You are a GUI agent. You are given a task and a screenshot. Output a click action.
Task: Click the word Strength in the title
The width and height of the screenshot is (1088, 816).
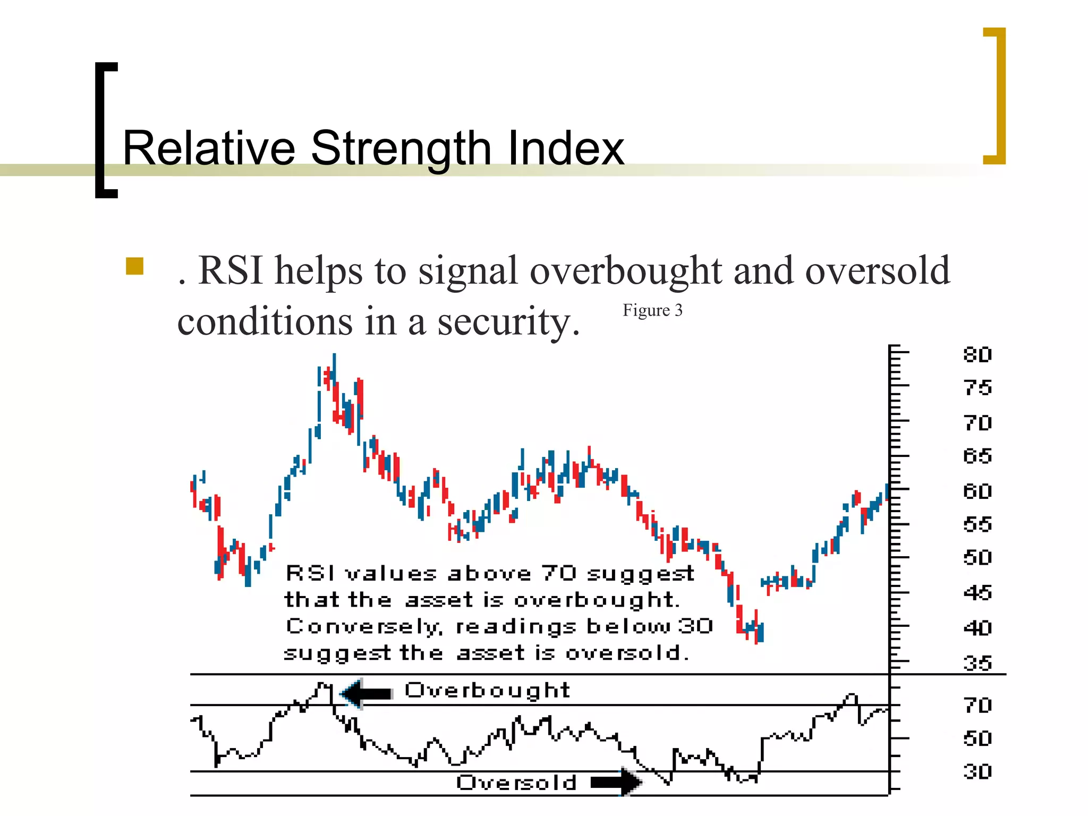coord(401,149)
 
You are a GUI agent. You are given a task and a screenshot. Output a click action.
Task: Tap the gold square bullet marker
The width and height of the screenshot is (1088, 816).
coord(135,266)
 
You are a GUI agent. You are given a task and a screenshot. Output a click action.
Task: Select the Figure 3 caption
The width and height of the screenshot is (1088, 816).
coord(652,310)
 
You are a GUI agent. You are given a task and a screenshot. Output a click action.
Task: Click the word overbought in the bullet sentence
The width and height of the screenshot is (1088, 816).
coord(626,271)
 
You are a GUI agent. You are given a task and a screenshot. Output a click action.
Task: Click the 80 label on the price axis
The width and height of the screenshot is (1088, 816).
coord(977,354)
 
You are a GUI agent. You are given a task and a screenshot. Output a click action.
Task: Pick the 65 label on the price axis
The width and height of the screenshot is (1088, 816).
coord(977,456)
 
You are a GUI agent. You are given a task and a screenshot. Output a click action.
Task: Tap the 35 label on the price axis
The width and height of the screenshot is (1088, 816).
coord(977,663)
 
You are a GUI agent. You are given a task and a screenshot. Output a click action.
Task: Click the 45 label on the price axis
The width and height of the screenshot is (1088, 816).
coord(977,592)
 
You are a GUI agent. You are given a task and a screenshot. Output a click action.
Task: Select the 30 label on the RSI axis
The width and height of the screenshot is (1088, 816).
coord(977,771)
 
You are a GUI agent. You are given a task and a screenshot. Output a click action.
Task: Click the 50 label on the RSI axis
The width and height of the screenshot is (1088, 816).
coord(977,738)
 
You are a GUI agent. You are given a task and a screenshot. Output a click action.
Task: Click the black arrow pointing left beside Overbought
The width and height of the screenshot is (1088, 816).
coord(366,693)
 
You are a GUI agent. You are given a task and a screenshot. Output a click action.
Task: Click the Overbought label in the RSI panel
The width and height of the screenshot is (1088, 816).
coord(487,691)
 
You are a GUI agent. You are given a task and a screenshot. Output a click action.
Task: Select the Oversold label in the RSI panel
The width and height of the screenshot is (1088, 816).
coord(516,783)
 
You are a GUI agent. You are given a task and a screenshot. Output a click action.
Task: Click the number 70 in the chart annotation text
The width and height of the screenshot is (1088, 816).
coord(559,573)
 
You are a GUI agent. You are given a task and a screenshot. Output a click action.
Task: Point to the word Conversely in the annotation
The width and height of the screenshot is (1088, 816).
coord(363,627)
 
